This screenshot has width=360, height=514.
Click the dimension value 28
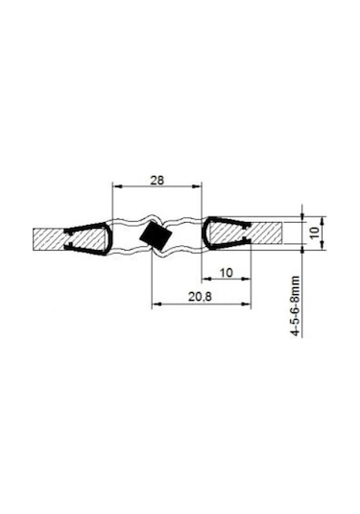pos(156,181)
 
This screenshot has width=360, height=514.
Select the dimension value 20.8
pos(200,297)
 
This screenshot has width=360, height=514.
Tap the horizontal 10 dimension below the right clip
pos(227,273)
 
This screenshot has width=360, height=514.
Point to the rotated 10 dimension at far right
pos(315,233)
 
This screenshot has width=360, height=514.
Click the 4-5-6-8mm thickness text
pos(296,306)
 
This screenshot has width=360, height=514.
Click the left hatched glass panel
pos(69,239)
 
